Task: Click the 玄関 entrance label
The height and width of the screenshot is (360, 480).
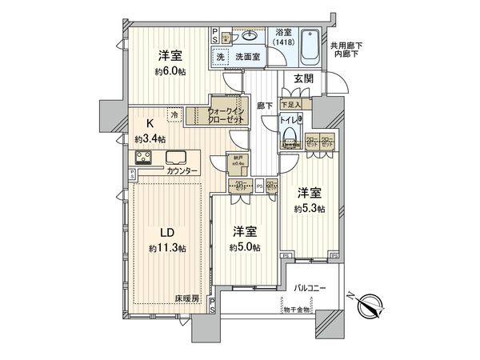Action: point(303,78)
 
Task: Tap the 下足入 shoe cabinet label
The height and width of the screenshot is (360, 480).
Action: point(290,103)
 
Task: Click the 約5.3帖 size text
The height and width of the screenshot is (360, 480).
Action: point(308,209)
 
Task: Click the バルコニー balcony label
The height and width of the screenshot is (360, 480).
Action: point(308,287)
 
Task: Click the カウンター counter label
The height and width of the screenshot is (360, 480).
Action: point(184,171)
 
